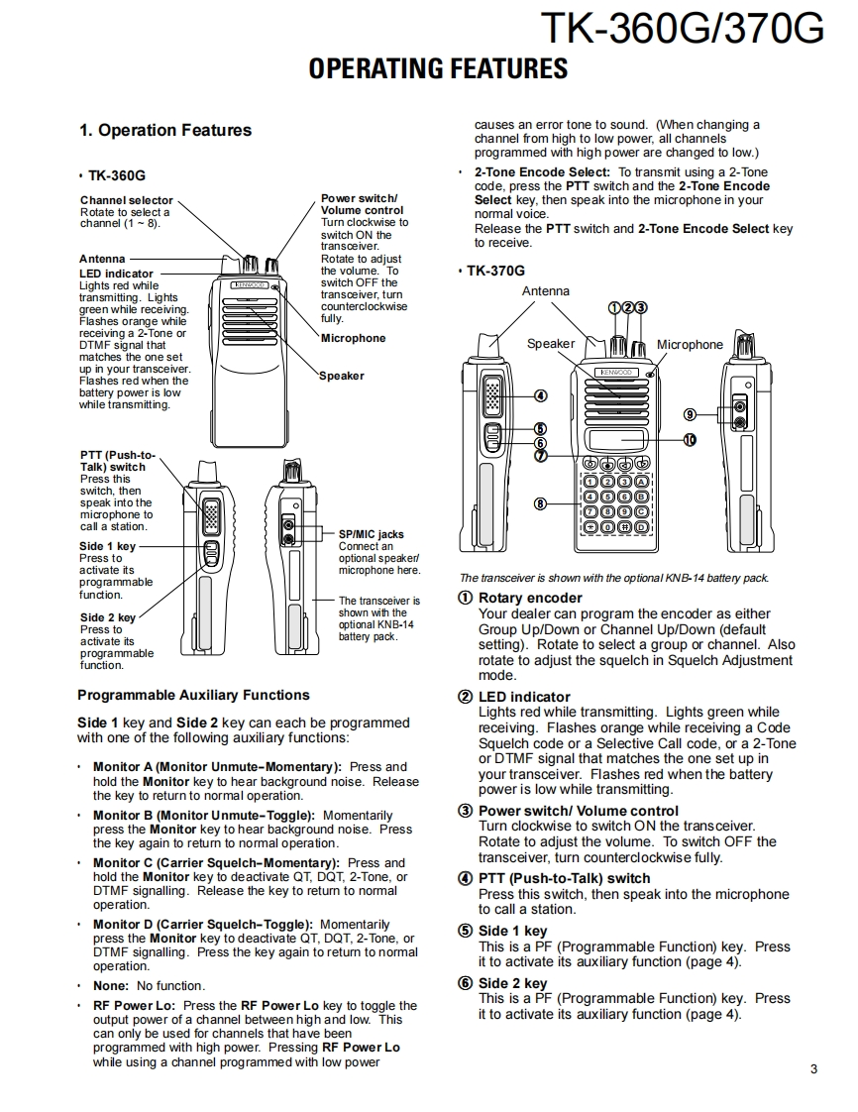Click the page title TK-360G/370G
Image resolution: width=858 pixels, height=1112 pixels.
(683, 29)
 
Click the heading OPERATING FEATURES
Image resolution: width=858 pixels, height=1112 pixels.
(438, 68)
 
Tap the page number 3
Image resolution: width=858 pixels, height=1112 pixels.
(813, 1068)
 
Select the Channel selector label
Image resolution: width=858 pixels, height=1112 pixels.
(126, 200)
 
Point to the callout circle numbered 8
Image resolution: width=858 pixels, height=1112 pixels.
(540, 503)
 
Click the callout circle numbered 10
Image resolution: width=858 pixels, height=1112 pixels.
(689, 438)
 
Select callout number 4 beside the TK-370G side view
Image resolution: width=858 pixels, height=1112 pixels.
(540, 396)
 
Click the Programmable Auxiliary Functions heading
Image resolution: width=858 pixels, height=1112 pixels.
(193, 695)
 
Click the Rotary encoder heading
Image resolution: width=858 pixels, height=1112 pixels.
(530, 598)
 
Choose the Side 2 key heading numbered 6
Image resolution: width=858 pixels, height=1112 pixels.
(512, 983)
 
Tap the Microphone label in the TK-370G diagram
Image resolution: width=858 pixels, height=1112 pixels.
(690, 345)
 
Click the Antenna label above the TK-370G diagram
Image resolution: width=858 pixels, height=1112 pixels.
(546, 291)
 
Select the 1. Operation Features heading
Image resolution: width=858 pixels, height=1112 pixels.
(165, 130)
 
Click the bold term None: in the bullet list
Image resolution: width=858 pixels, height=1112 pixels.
(111, 985)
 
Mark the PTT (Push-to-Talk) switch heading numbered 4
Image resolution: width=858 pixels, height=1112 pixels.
(564, 878)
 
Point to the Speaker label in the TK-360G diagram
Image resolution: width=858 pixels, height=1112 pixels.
(342, 376)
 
